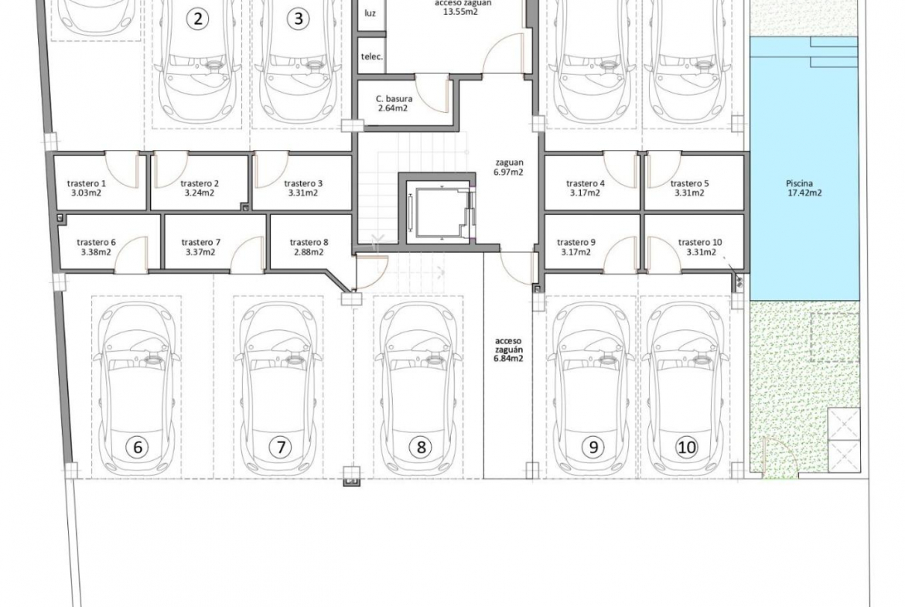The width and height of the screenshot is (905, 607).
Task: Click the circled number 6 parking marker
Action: tap(138, 447)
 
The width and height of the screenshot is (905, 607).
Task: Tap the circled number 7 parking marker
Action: tap(281, 447)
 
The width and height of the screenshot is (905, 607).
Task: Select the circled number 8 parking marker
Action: tap(421, 447)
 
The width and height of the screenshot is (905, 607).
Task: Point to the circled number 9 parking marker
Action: tap(593, 447)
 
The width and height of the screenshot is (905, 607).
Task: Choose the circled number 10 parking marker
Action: tap(686, 447)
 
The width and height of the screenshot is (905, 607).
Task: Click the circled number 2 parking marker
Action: tap(198, 19)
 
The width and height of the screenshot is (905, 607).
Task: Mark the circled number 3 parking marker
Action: tap(298, 19)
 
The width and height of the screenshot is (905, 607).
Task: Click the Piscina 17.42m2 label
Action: tap(804, 188)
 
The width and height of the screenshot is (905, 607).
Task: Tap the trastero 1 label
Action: tap(87, 183)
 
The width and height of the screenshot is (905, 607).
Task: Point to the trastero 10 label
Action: tap(700, 242)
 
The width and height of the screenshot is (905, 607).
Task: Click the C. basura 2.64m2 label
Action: tap(394, 104)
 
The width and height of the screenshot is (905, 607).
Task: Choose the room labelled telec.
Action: tap(372, 56)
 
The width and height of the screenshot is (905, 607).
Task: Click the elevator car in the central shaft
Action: tap(439, 212)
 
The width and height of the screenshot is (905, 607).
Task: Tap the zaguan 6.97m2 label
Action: tap(508, 167)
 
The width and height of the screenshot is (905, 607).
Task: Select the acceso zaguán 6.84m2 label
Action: tap(508, 350)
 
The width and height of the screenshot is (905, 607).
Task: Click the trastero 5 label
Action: tap(690, 183)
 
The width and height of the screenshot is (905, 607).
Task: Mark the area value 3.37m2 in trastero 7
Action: tap(200, 252)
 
